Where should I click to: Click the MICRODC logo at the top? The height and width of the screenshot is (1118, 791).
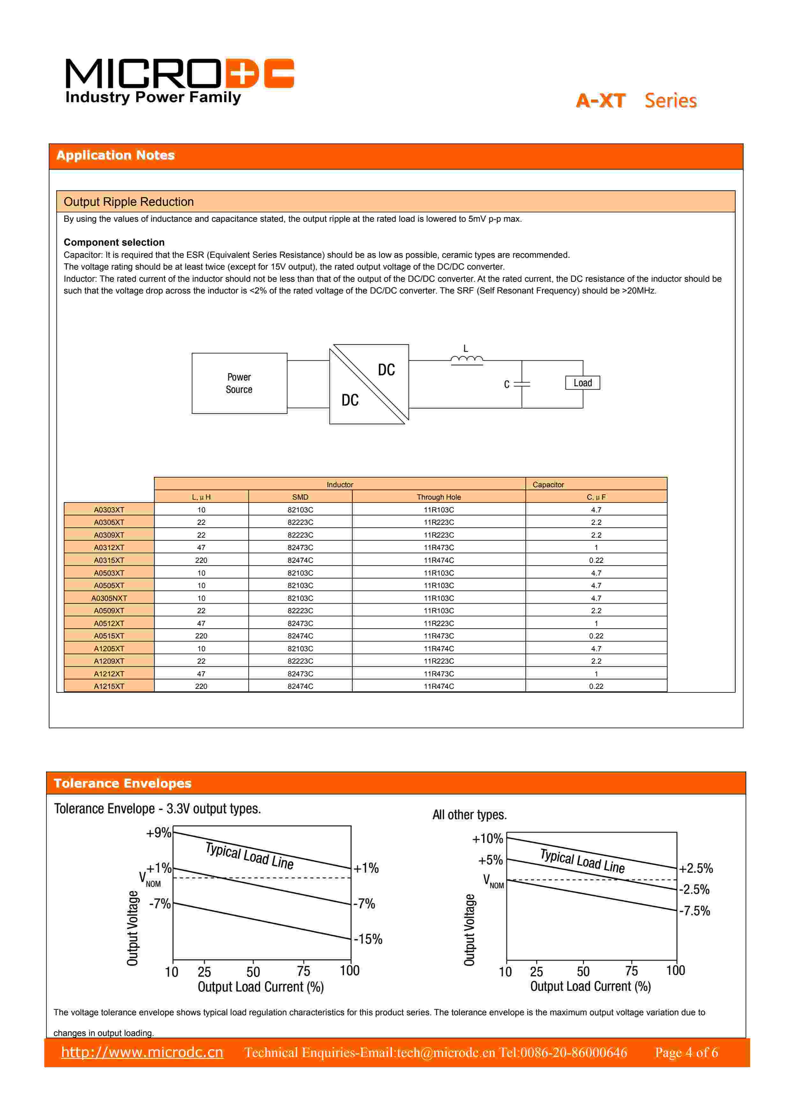click(179, 80)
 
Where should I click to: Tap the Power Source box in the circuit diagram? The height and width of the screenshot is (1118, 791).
click(239, 383)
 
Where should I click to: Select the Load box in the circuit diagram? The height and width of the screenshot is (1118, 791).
click(583, 383)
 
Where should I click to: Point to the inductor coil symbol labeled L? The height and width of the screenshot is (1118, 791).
click(466, 360)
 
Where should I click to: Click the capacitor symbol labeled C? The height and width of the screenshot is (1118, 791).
click(522, 384)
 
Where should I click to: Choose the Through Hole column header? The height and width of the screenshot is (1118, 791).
click(438, 497)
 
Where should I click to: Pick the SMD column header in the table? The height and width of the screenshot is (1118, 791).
click(300, 497)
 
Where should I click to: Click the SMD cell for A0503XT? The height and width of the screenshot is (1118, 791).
click(300, 573)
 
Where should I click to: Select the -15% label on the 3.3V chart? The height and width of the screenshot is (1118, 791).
click(368, 939)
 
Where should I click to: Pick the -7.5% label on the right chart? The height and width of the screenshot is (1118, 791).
click(695, 911)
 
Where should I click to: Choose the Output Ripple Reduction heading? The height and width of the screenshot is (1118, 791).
click(129, 202)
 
